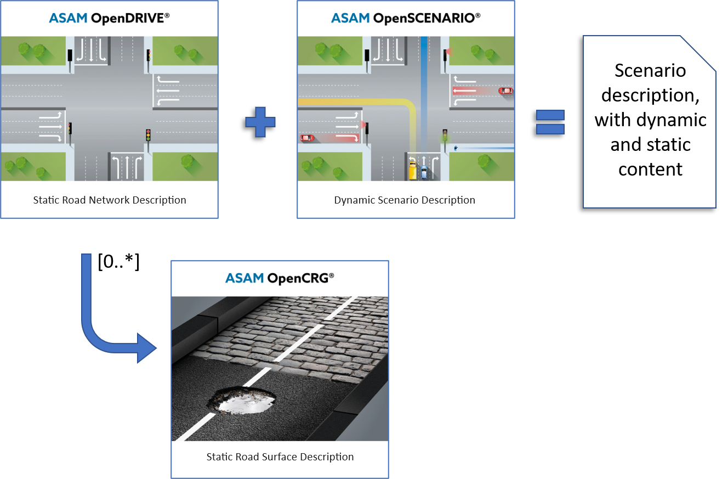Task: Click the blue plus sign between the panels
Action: point(260,122)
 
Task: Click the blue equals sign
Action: point(550,122)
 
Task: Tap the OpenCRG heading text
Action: point(300,278)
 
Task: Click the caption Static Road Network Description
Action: point(110,200)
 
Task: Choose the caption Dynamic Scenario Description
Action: point(405,200)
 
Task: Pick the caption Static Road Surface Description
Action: point(280,457)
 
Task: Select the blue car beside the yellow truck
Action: point(424,172)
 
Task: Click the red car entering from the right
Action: point(505,91)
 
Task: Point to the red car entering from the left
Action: point(307,138)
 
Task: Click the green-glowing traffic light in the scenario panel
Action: point(445,135)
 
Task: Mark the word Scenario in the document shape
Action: point(650,71)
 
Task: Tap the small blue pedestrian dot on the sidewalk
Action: point(456,148)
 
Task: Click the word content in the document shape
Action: point(650,169)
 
